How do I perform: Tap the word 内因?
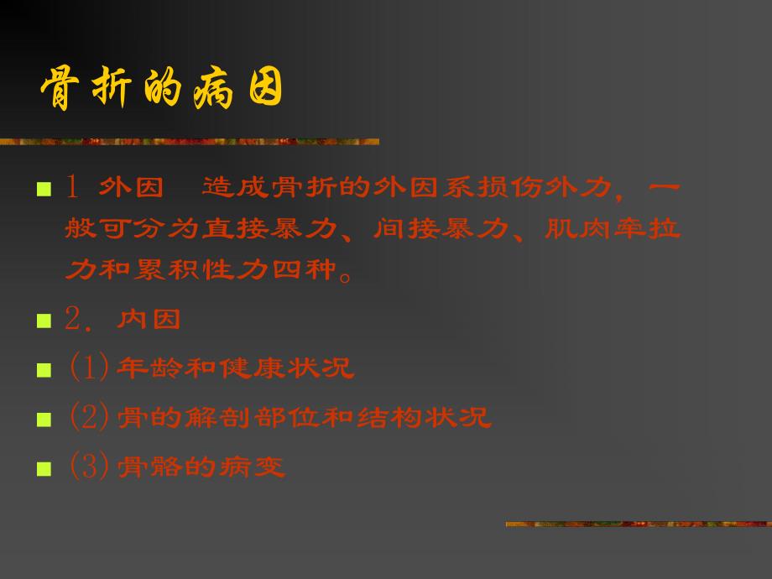tap(149, 320)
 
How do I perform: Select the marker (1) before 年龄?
tap(88, 368)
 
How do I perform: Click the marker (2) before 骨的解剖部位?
tap(88, 417)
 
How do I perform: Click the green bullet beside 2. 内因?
tap(43, 321)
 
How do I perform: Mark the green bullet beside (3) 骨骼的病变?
tap(43, 467)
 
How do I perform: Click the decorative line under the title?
tap(189, 142)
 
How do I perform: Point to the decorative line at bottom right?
tap(638, 524)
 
